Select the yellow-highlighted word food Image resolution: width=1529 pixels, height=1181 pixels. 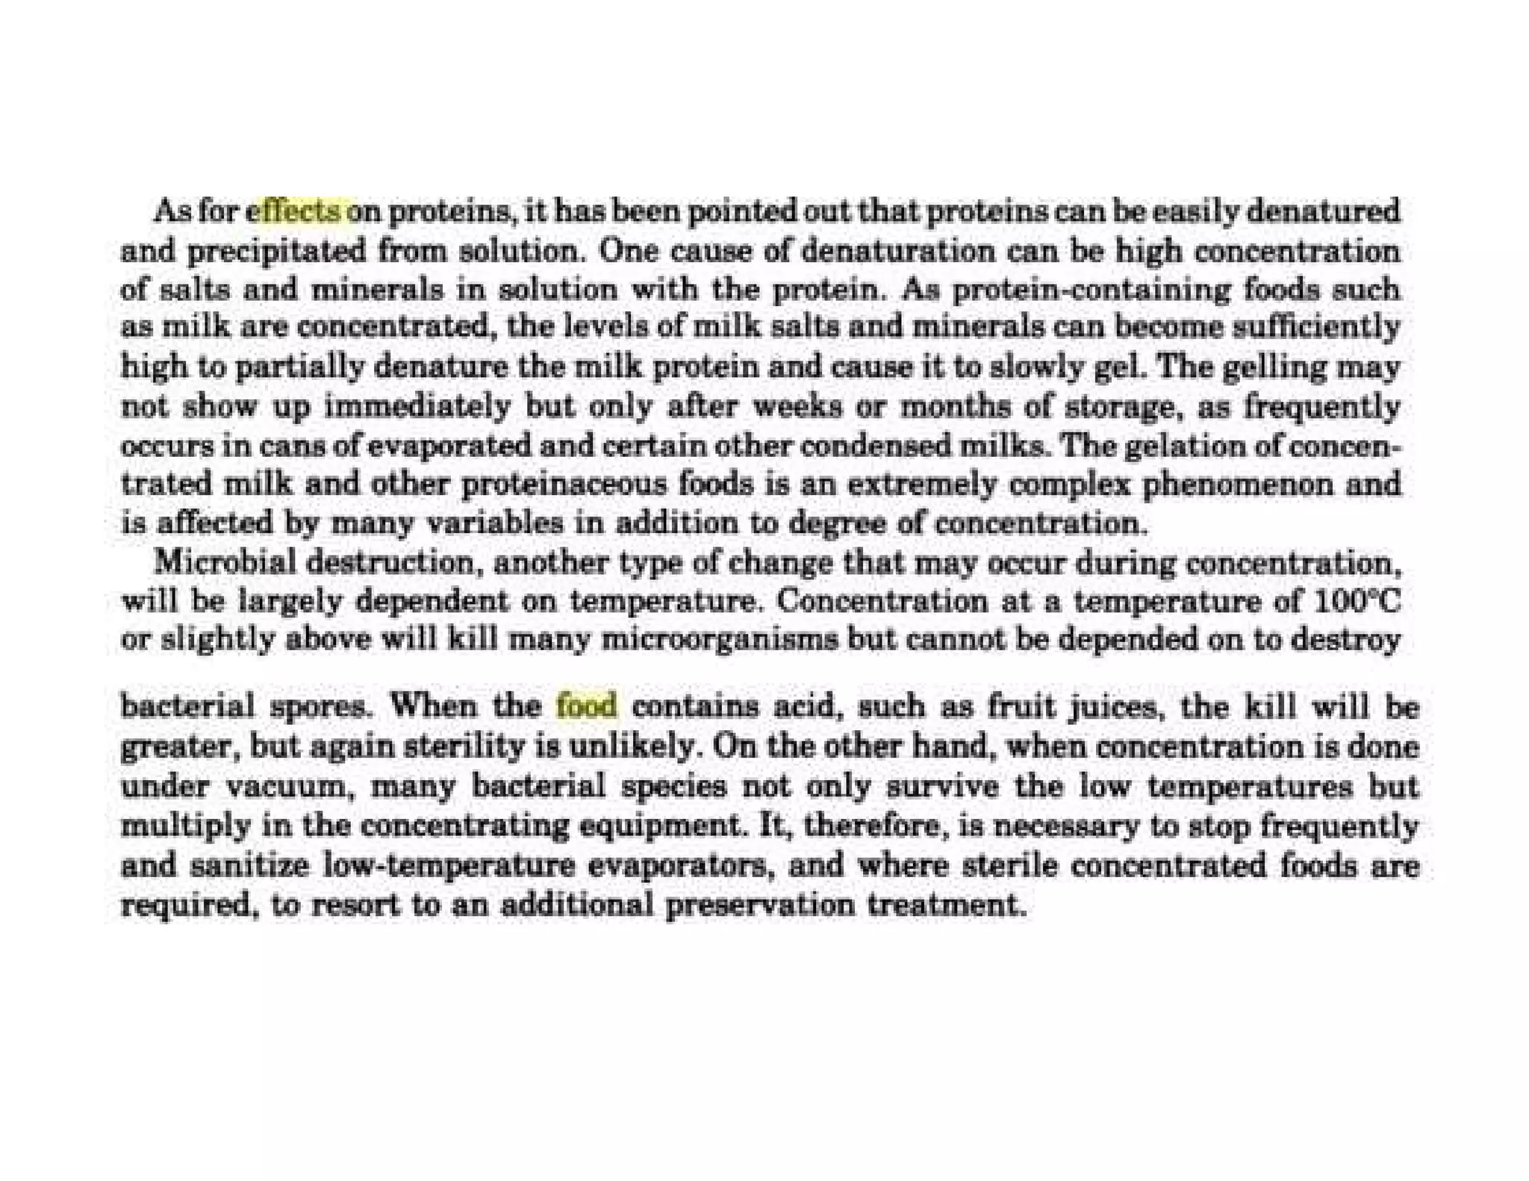pyautogui.click(x=587, y=705)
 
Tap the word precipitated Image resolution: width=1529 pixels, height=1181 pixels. pyautogui.click(x=276, y=252)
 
